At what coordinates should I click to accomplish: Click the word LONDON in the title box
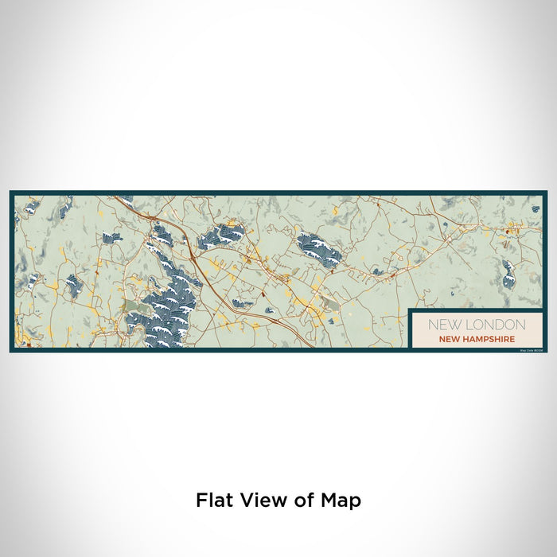490,325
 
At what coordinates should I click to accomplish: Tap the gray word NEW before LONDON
442,325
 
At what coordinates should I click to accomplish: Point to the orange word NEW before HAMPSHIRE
449,339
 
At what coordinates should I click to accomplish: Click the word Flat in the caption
213,501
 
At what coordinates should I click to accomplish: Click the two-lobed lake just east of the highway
220,236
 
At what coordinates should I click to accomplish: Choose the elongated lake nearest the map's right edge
508,272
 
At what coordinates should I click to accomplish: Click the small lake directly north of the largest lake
162,235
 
